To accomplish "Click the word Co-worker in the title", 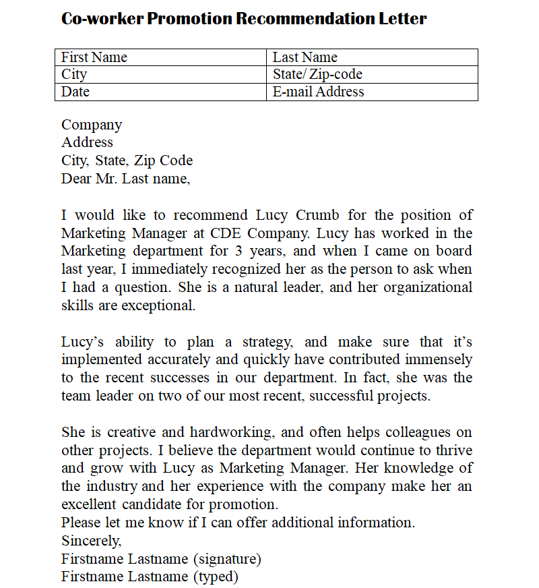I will tap(102, 18).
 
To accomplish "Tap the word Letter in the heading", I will tap(403, 18).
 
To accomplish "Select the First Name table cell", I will tap(160, 57).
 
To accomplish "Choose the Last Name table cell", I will tap(372, 57).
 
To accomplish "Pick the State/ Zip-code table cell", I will tap(372, 74).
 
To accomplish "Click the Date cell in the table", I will tap(160, 92).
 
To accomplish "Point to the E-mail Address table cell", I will tap(372, 92).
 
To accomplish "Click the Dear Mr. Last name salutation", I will tap(126, 179).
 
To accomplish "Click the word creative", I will tap(132, 432).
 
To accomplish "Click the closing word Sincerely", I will tap(92, 540).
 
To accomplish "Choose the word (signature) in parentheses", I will tap(227, 558).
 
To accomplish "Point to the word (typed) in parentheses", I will tap(216, 577).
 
